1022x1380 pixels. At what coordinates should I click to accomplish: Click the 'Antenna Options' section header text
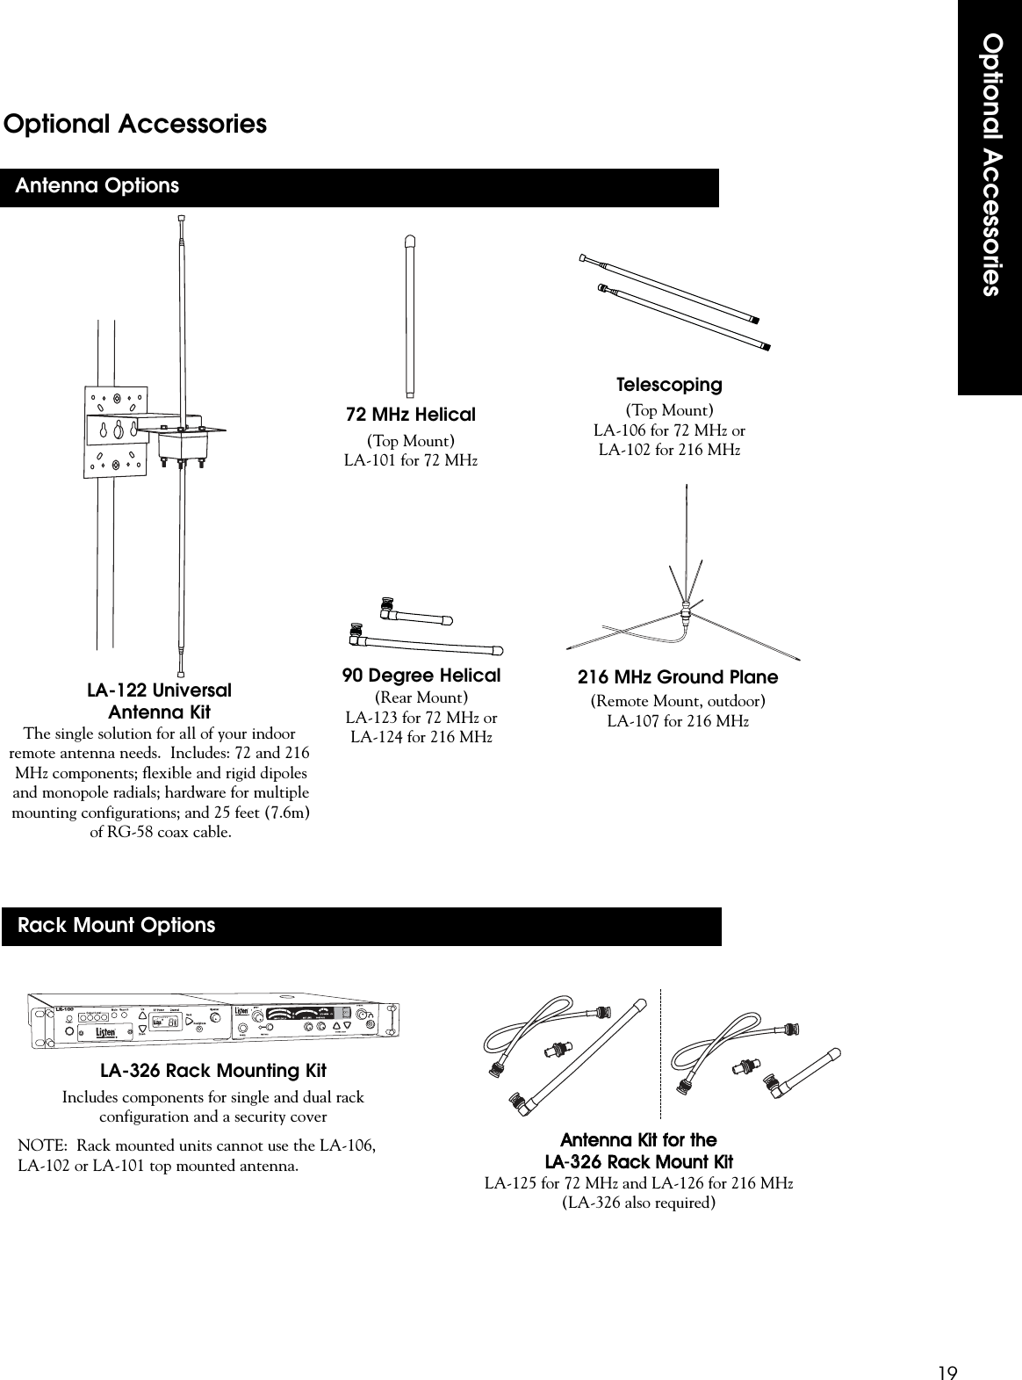(97, 186)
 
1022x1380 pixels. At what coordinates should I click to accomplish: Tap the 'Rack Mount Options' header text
(116, 926)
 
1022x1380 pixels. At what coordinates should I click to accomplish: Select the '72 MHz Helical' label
(412, 415)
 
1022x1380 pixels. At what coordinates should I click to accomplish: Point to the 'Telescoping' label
(669, 385)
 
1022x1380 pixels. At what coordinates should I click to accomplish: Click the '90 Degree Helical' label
(421, 676)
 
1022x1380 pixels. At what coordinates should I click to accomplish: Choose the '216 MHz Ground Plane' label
(678, 677)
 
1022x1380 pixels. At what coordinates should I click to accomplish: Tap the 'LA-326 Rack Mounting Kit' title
(213, 1071)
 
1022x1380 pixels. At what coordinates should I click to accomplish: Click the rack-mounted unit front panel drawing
(213, 1021)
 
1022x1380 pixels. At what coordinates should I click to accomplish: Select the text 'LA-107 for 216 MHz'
(678, 722)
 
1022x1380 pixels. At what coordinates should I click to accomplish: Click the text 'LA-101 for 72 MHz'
(411, 461)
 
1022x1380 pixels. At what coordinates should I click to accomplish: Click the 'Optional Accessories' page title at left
(135, 125)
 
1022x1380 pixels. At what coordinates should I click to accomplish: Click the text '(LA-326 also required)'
(638, 1203)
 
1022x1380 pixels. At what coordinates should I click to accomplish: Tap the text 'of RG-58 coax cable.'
(162, 832)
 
